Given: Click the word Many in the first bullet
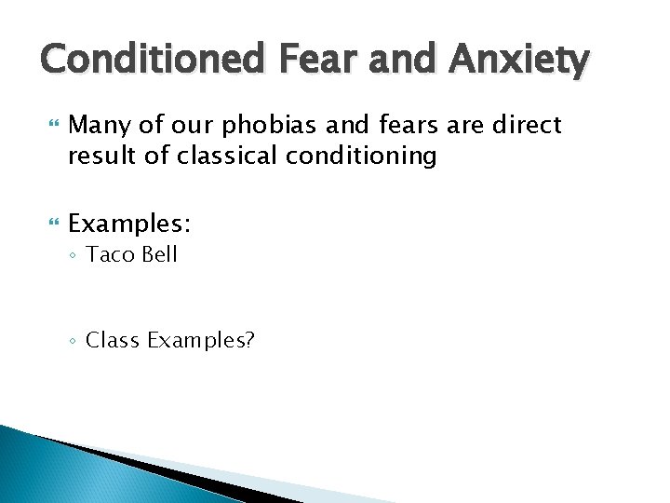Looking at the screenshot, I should [x=100, y=125].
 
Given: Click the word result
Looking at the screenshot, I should [x=99, y=156].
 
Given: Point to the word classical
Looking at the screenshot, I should [x=217, y=156].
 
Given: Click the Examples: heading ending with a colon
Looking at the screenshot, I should [x=129, y=224].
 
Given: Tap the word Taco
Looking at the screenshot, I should [x=109, y=255].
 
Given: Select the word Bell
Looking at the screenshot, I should [x=158, y=255].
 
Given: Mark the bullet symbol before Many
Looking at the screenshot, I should [x=52, y=124].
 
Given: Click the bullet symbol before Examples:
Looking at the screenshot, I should [x=52, y=224].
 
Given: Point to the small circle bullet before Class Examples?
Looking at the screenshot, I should [x=74, y=341].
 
